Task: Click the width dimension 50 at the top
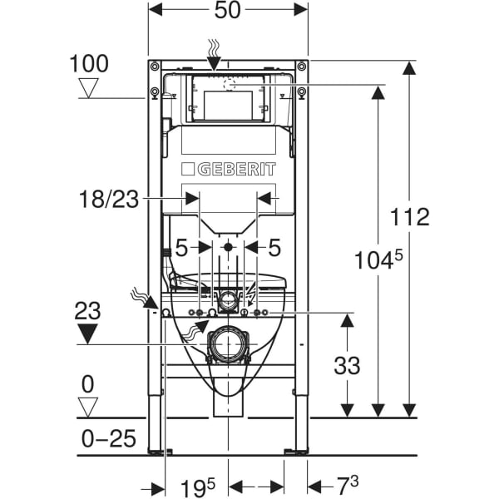(x=227, y=12)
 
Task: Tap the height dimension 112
(x=411, y=217)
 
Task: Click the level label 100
(x=88, y=63)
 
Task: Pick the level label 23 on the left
(x=86, y=313)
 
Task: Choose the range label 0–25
(x=108, y=437)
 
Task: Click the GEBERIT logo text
(x=228, y=169)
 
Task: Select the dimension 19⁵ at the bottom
(x=199, y=485)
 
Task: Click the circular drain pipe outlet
(x=228, y=343)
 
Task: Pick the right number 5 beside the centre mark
(x=274, y=247)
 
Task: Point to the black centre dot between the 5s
(x=228, y=247)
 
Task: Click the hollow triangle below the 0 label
(x=87, y=407)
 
